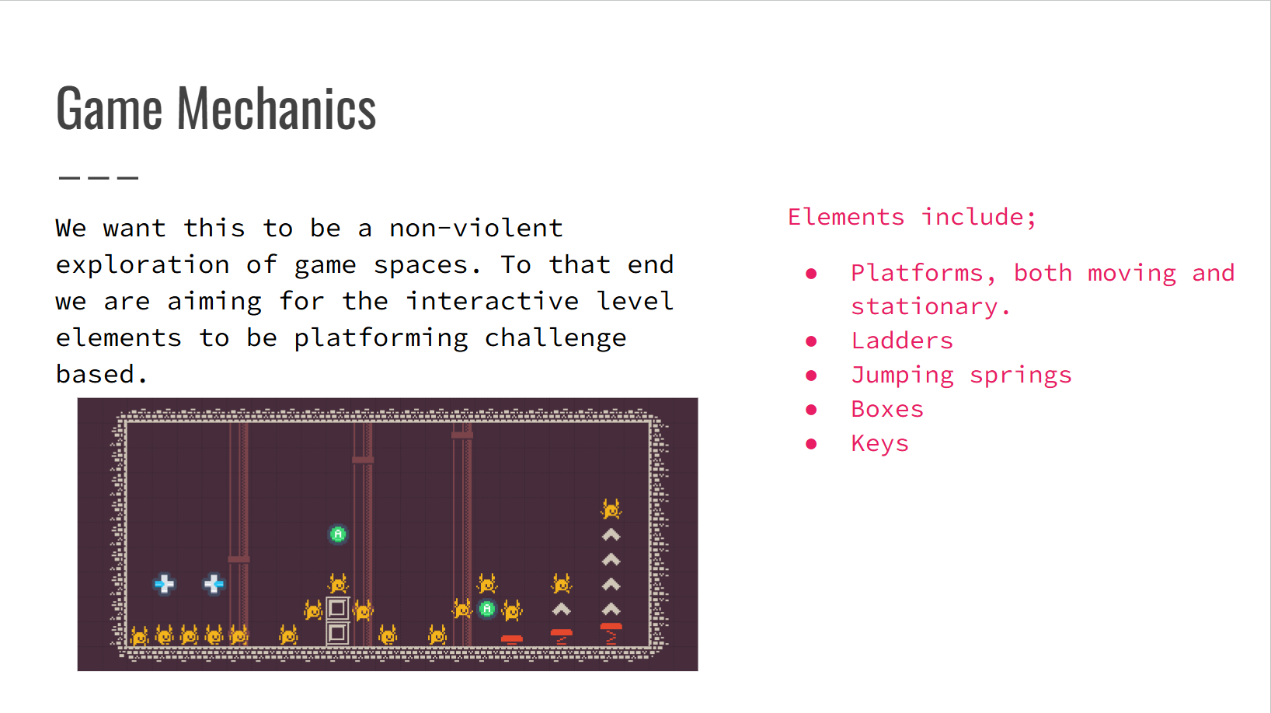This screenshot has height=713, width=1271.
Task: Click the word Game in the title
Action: coord(109,108)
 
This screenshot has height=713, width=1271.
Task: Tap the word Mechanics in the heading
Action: coord(277,108)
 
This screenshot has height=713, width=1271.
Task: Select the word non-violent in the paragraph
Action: coord(476,228)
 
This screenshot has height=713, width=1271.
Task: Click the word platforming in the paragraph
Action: coord(381,339)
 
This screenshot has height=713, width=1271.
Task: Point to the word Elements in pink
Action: coord(846,218)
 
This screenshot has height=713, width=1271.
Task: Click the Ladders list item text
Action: coord(902,341)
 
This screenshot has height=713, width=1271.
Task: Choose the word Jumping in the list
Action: coord(903,376)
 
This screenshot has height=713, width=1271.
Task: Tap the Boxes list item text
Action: coord(887,409)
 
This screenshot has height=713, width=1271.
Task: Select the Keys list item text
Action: coord(880,444)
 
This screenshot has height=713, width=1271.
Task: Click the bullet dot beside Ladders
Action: coord(811,341)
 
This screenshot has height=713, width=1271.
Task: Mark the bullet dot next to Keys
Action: coord(811,443)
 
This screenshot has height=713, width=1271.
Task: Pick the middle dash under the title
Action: coord(99,178)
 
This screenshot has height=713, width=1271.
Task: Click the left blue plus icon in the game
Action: coord(165,584)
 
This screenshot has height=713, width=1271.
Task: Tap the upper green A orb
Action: coord(338,534)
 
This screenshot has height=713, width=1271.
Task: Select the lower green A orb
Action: coord(487,609)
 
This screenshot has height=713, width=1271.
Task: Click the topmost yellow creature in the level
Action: coord(611,509)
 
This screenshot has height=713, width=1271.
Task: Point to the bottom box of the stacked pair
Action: coord(338,633)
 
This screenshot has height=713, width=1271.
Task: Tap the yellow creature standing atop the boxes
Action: coord(338,584)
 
